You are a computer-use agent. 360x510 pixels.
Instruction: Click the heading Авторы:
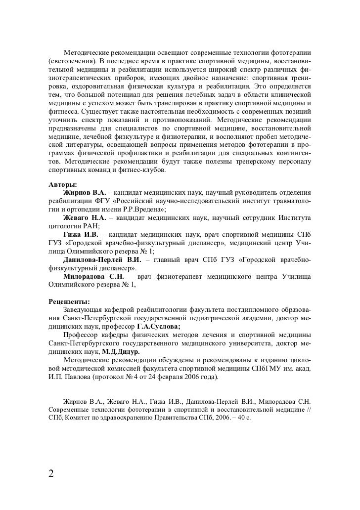59,184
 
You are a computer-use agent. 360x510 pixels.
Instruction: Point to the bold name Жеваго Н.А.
86,217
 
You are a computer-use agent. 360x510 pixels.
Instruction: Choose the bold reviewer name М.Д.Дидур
121,351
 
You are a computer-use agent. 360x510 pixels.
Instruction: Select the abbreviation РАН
90,226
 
